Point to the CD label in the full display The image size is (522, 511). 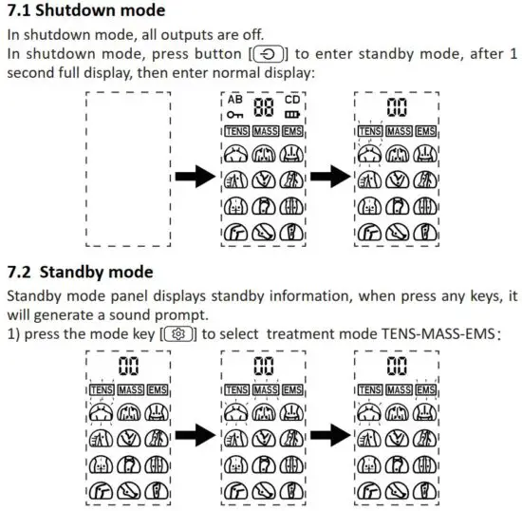[293, 98]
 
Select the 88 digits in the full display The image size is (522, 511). [264, 106]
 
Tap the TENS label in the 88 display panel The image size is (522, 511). [237, 129]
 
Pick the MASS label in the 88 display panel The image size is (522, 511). [265, 129]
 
